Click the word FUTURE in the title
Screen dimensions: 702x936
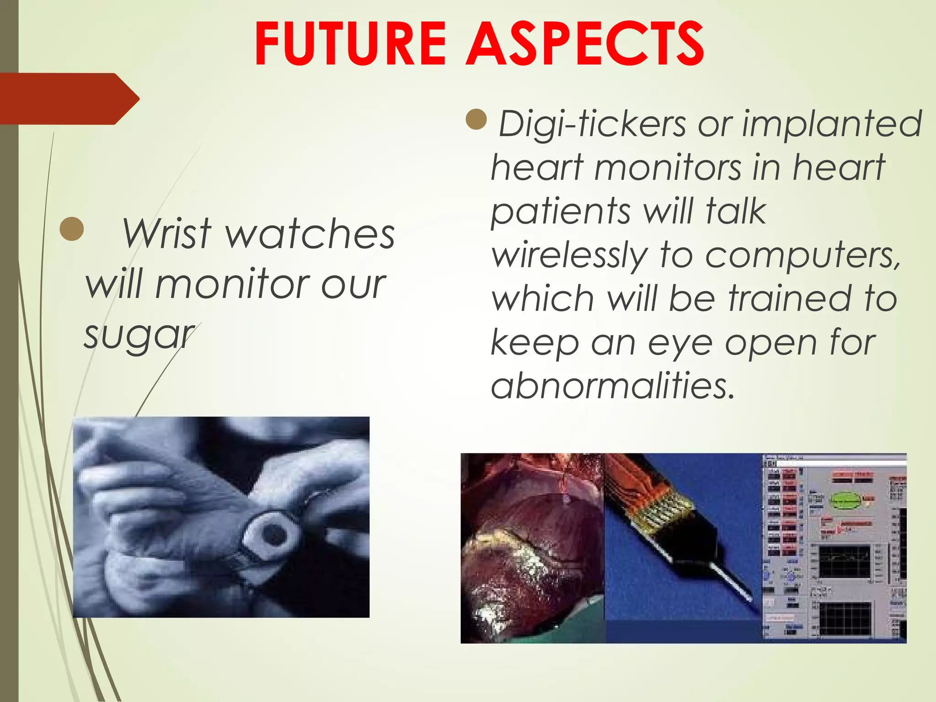point(350,44)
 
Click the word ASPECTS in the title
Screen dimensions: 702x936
point(585,44)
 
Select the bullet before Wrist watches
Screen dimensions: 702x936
point(72,229)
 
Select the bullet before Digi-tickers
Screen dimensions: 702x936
point(477,120)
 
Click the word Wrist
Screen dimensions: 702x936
point(166,234)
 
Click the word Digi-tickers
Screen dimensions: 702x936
point(592,124)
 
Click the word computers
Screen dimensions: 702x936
point(803,256)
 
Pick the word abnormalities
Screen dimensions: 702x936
point(612,385)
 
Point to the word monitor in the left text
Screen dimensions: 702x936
point(232,284)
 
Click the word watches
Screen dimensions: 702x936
point(311,234)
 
